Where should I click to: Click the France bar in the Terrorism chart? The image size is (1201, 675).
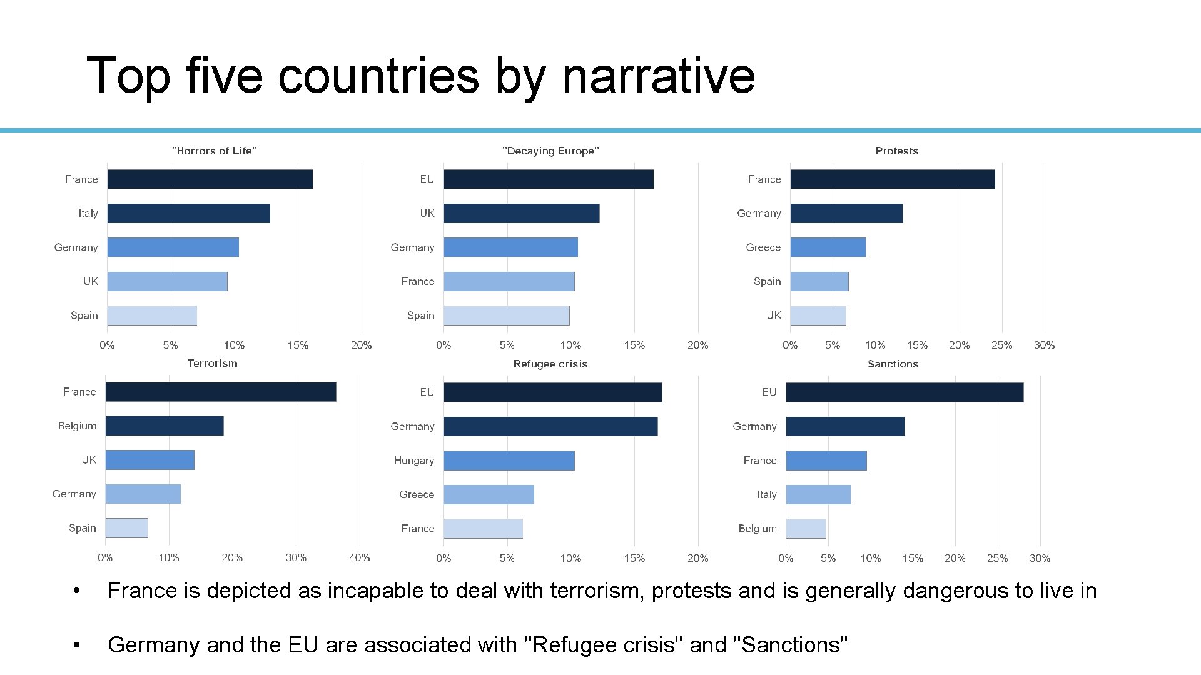tap(220, 392)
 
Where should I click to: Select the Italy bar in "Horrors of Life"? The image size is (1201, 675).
tap(188, 213)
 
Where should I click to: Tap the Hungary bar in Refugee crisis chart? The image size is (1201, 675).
tap(509, 461)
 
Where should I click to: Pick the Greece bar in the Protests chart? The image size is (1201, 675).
tap(828, 247)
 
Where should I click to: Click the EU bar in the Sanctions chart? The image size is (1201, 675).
tap(904, 392)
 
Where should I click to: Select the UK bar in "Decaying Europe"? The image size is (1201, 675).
tap(521, 213)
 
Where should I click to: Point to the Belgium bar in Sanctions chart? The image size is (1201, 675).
tap(806, 529)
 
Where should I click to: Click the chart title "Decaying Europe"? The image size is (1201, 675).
tap(550, 151)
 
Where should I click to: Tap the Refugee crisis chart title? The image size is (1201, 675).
tap(550, 364)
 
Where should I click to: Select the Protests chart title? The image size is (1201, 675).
tap(896, 151)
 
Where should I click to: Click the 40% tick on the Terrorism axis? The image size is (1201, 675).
tap(359, 557)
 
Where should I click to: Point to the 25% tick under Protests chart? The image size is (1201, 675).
tap(1001, 345)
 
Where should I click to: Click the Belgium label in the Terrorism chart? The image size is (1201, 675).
tap(77, 426)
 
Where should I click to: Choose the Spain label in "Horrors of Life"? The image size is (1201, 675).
tap(84, 316)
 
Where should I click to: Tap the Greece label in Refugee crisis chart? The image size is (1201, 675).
tap(417, 494)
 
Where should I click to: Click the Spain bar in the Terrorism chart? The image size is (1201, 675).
tap(126, 528)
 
